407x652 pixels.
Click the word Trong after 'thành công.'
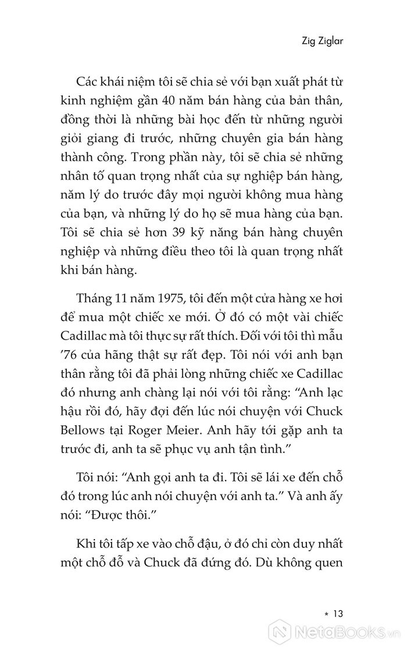pos(168,159)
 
